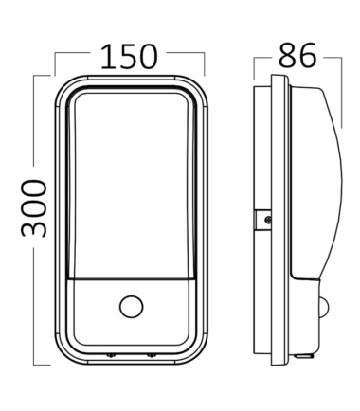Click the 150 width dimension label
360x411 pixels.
pyautogui.click(x=129, y=57)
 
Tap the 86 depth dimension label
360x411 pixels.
pyautogui.click(x=297, y=56)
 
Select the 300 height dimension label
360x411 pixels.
pyautogui.click(x=34, y=208)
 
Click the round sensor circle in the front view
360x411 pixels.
pyautogui.click(x=131, y=307)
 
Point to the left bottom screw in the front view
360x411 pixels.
pyautogui.click(x=111, y=355)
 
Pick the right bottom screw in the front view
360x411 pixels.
pyautogui.click(x=152, y=355)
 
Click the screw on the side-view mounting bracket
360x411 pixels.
pyautogui.click(x=268, y=220)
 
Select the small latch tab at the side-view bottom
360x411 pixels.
pyautogui.click(x=304, y=356)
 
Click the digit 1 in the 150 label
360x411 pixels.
pyautogui.click(x=108, y=57)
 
